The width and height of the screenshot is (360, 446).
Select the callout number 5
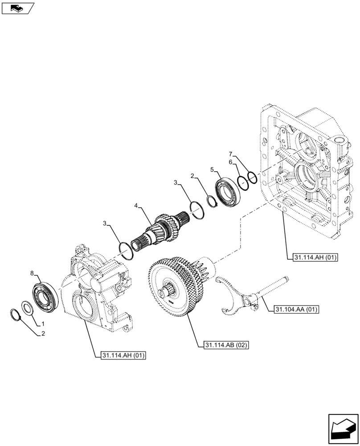pos(213,169)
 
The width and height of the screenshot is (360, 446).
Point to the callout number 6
pos(231,163)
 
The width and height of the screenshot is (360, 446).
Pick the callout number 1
pos(43,322)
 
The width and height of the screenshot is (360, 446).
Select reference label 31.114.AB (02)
pos(226,345)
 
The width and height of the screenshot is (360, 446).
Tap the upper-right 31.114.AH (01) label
pos(310,257)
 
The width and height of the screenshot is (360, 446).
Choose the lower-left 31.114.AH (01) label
pos(124,355)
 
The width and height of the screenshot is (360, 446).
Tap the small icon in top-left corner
pos(17,8)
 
